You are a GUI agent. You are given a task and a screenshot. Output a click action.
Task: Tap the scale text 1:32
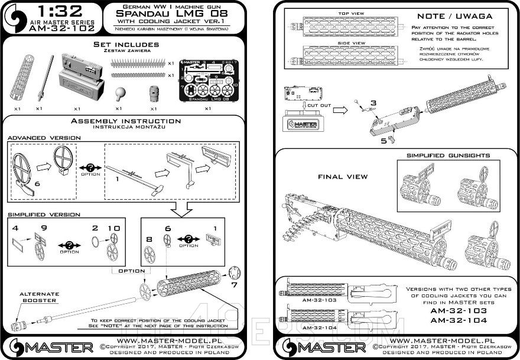[x=52, y=11]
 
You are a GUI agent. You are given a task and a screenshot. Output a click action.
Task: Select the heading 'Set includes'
[x=126, y=45]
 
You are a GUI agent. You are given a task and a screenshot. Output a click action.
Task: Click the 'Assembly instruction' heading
[x=126, y=121]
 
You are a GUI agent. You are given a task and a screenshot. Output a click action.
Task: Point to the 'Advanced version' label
[x=44, y=137]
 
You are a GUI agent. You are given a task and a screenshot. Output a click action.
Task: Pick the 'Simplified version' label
[x=44, y=214]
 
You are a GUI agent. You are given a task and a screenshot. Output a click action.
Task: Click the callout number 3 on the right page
[x=373, y=103]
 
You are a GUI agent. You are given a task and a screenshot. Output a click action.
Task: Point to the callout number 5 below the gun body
[x=382, y=140]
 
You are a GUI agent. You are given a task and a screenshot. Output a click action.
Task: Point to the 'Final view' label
[x=343, y=176]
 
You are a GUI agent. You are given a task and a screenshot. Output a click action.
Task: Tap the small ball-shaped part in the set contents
[x=119, y=93]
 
